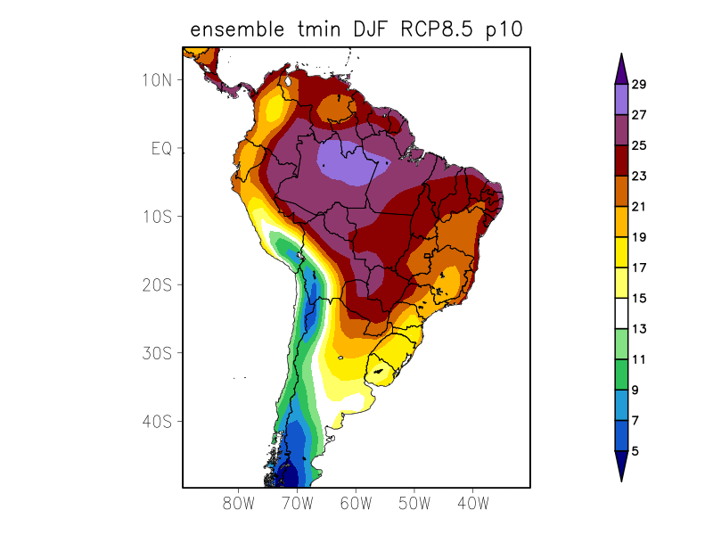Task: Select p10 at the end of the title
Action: pyautogui.click(x=504, y=31)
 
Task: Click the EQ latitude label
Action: pyautogui.click(x=162, y=148)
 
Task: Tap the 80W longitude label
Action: pyautogui.click(x=239, y=504)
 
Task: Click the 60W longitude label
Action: pyautogui.click(x=356, y=504)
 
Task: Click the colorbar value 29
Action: pyautogui.click(x=638, y=85)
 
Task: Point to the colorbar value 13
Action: pyautogui.click(x=638, y=329)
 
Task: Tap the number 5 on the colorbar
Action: pyautogui.click(x=635, y=451)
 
